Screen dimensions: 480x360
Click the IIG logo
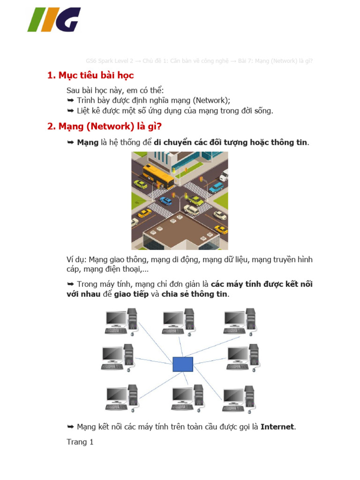(x=54, y=20)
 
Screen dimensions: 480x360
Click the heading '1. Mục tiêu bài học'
(x=90, y=75)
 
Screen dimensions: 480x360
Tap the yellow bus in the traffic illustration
(x=157, y=175)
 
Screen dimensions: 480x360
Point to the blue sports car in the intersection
(x=165, y=201)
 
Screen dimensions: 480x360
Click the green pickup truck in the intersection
(x=195, y=201)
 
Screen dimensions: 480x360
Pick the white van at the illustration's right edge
(x=224, y=175)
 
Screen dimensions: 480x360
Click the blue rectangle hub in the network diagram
(x=183, y=364)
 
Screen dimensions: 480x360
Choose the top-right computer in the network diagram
(x=240, y=322)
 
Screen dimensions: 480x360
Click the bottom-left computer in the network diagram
(x=121, y=398)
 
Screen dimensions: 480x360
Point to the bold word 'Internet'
(x=277, y=427)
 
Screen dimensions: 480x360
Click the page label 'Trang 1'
(x=80, y=442)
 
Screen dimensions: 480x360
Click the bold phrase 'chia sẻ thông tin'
(x=195, y=294)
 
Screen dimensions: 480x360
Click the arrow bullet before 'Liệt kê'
(x=70, y=111)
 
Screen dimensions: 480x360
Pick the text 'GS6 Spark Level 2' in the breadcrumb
(x=110, y=61)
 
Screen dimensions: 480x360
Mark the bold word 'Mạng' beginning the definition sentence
(x=88, y=142)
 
